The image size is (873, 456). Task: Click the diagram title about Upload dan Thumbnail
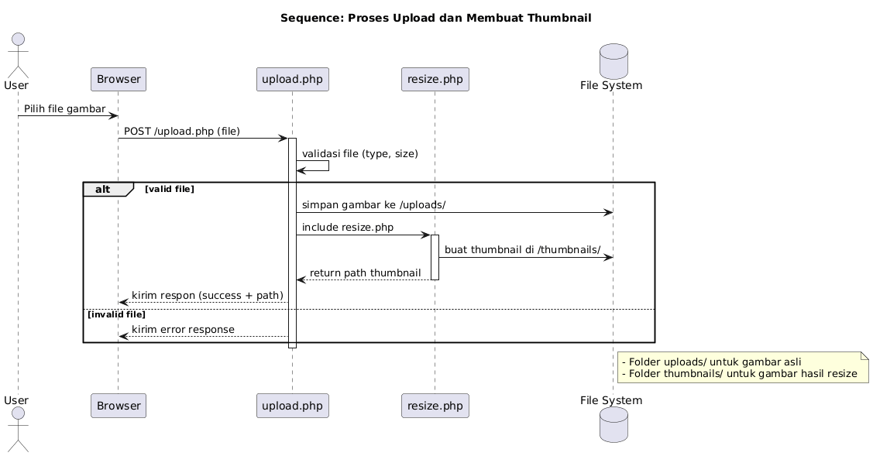(435, 18)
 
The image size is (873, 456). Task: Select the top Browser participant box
(119, 79)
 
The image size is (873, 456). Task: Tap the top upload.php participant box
(292, 79)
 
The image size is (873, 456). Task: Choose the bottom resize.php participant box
(435, 405)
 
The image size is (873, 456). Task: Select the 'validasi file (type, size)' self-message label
(359, 154)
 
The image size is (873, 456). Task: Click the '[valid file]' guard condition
(169, 189)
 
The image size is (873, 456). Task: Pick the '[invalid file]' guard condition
(116, 314)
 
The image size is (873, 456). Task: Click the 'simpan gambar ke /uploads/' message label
(373, 205)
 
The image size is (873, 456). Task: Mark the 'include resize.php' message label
(347, 228)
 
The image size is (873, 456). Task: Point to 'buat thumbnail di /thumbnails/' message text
(522, 250)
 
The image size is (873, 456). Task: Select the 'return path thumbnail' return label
(365, 273)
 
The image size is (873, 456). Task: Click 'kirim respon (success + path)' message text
(207, 296)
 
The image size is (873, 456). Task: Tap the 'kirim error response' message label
(183, 330)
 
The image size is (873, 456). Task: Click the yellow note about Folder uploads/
(742, 368)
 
